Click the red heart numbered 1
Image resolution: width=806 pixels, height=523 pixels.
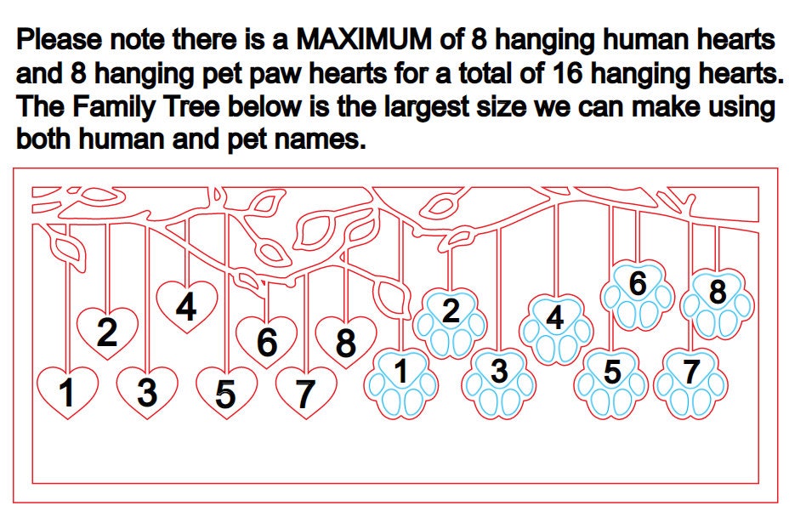tap(67, 392)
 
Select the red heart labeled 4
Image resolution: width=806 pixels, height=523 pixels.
tap(186, 306)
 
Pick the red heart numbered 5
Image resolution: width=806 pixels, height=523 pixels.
tap(226, 392)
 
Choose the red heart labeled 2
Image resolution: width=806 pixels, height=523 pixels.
tap(107, 333)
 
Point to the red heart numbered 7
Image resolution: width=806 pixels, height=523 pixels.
tap(306, 392)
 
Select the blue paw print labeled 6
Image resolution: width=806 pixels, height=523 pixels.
tap(638, 295)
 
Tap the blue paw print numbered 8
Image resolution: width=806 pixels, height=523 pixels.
tap(717, 304)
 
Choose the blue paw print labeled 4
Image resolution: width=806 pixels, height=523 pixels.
tap(555, 330)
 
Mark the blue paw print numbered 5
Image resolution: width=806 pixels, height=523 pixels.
tap(611, 384)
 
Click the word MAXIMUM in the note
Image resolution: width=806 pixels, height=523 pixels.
tap(364, 39)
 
